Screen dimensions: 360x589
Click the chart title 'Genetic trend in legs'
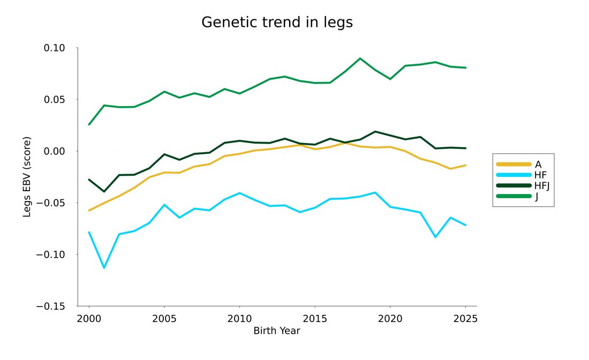point(277,22)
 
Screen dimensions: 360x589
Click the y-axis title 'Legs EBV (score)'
point(27,177)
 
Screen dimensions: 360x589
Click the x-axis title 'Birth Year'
point(277,331)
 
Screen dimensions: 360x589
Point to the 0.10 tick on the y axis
point(54,48)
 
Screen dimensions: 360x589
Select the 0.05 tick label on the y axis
point(54,100)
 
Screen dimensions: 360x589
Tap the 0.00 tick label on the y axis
point(54,151)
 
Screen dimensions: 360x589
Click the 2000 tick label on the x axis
point(89,319)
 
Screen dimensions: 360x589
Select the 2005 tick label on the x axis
point(164,319)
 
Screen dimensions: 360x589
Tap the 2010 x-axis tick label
point(239,319)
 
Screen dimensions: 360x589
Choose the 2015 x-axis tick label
point(315,319)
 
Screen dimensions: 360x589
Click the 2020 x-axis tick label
point(390,319)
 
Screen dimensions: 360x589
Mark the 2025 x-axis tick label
point(465,319)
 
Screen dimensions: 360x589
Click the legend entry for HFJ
point(542,186)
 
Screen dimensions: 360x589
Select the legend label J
point(537,197)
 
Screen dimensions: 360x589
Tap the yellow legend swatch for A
point(514,164)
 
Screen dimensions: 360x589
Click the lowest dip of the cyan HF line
point(104,268)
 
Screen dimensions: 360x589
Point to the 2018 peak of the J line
point(360,58)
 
